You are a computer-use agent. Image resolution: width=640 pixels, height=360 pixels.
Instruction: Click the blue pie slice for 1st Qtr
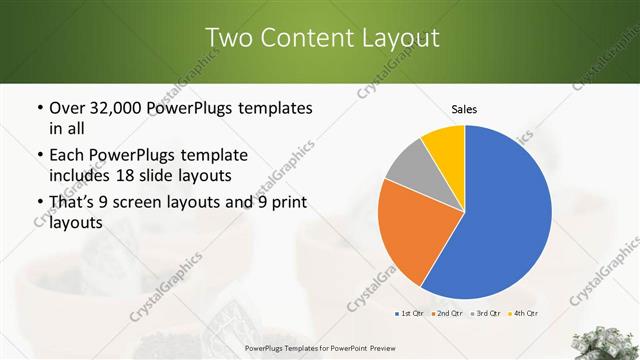500,220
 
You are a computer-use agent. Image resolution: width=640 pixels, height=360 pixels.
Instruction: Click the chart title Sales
465,108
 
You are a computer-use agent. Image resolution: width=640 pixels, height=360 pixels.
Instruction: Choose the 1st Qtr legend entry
410,314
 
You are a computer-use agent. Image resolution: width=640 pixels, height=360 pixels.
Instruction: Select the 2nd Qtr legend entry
446,314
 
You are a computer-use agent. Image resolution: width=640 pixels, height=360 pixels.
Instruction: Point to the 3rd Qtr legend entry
485,314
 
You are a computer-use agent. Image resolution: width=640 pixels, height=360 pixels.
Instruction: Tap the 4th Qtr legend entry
523,314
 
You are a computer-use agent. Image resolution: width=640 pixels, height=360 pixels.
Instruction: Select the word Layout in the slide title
400,38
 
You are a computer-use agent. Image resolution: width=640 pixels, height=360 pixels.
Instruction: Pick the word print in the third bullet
285,203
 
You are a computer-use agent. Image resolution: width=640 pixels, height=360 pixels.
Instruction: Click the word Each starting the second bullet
68,155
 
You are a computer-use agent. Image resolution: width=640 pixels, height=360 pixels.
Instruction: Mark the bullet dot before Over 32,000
39,108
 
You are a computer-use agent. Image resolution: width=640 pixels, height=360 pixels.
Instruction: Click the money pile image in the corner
607,341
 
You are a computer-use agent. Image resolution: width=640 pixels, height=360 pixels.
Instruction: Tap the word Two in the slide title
231,38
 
